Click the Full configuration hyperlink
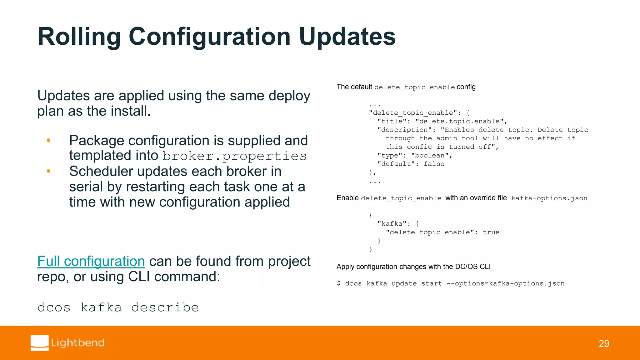tap(91, 261)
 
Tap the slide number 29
tap(604, 343)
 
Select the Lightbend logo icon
tap(40, 343)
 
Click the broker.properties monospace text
tap(234, 156)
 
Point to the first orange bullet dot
tap(48, 141)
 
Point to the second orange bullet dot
tap(48, 171)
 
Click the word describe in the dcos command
tap(165, 307)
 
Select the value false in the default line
tap(434, 164)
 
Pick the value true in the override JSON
tap(491, 232)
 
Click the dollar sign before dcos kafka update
tap(339, 283)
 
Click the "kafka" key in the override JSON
tap(392, 224)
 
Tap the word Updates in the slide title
tap(347, 37)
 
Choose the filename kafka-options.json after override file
tap(549, 198)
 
